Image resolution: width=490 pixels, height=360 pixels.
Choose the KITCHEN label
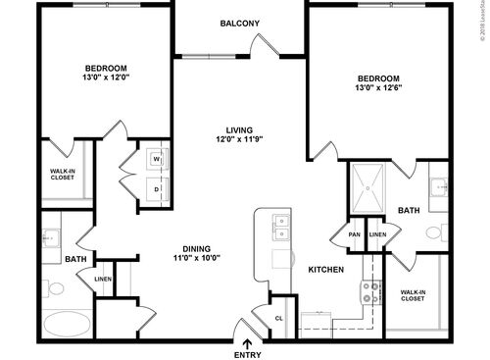pos(326,269)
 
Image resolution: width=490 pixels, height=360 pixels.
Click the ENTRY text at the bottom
pos(247,354)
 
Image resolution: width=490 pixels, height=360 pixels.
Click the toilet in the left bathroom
pos(54,289)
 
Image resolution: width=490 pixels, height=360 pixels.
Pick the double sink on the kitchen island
pos(281,227)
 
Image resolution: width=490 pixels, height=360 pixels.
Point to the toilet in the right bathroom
pos(435,232)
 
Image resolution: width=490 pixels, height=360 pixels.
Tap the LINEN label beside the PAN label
pos(377,234)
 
